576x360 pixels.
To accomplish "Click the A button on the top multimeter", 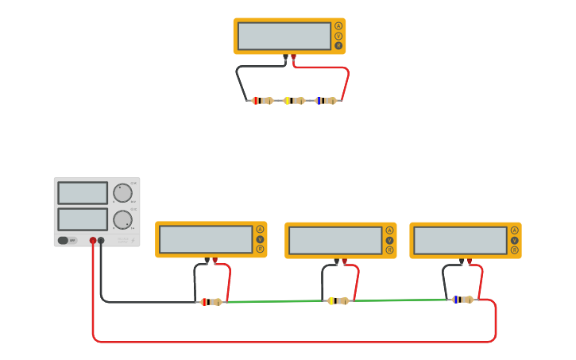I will [338, 25].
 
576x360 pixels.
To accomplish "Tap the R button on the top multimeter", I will [338, 46].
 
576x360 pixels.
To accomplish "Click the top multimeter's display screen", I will [284, 36].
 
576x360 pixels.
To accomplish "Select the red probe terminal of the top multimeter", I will [294, 57].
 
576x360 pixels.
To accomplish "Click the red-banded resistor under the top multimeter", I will [262, 101].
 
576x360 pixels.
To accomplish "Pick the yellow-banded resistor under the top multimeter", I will [294, 101].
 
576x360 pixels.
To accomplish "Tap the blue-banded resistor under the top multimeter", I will [326, 101].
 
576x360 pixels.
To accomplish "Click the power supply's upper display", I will [83, 193].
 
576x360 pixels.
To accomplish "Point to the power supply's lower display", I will [83, 219].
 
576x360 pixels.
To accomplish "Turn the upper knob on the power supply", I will [122, 193].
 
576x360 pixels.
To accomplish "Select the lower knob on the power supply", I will [122, 220].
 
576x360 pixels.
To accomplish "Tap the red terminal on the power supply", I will [93, 240].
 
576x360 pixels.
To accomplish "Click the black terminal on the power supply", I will [101, 240].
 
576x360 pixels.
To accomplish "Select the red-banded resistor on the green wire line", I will [211, 302].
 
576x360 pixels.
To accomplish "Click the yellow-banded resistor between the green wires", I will [338, 301].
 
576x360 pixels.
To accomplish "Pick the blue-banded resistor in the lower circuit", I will [462, 300].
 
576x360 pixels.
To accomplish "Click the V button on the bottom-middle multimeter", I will [389, 240].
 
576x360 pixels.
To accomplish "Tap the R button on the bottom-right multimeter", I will [515, 250].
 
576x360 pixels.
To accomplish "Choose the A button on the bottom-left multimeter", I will [260, 230].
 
